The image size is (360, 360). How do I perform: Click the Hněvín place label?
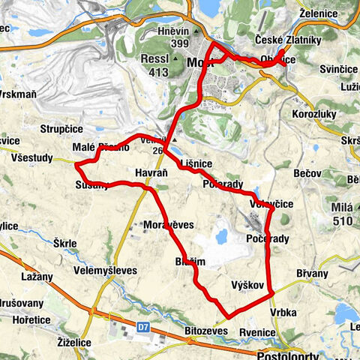coord(167,32)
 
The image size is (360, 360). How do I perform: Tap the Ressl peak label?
coord(157,58)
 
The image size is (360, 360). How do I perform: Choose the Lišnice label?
coord(196,162)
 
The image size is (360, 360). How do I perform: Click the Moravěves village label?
coord(168,224)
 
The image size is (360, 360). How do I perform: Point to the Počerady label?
coord(267,238)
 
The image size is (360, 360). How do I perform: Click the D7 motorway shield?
coord(144,327)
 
